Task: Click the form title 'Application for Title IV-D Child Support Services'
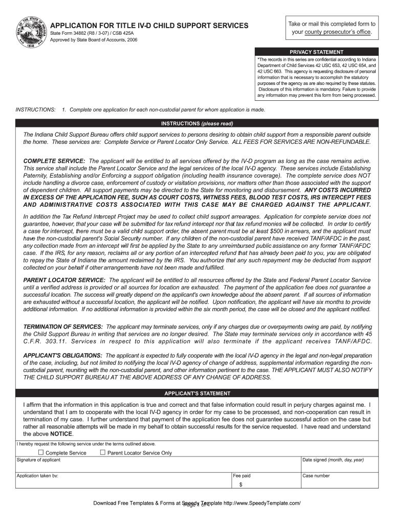pyautogui.click(x=149, y=26)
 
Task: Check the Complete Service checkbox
pyautogui.click(x=41, y=452)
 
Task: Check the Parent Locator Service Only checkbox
pyautogui.click(x=102, y=452)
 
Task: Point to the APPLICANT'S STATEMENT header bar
pyautogui.click(x=197, y=393)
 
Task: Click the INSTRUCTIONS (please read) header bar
pyautogui.click(x=197, y=123)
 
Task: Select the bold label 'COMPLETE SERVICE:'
pyautogui.click(x=55, y=161)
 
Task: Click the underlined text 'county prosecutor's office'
pyautogui.click(x=338, y=32)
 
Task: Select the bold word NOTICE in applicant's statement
pyautogui.click(x=61, y=433)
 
